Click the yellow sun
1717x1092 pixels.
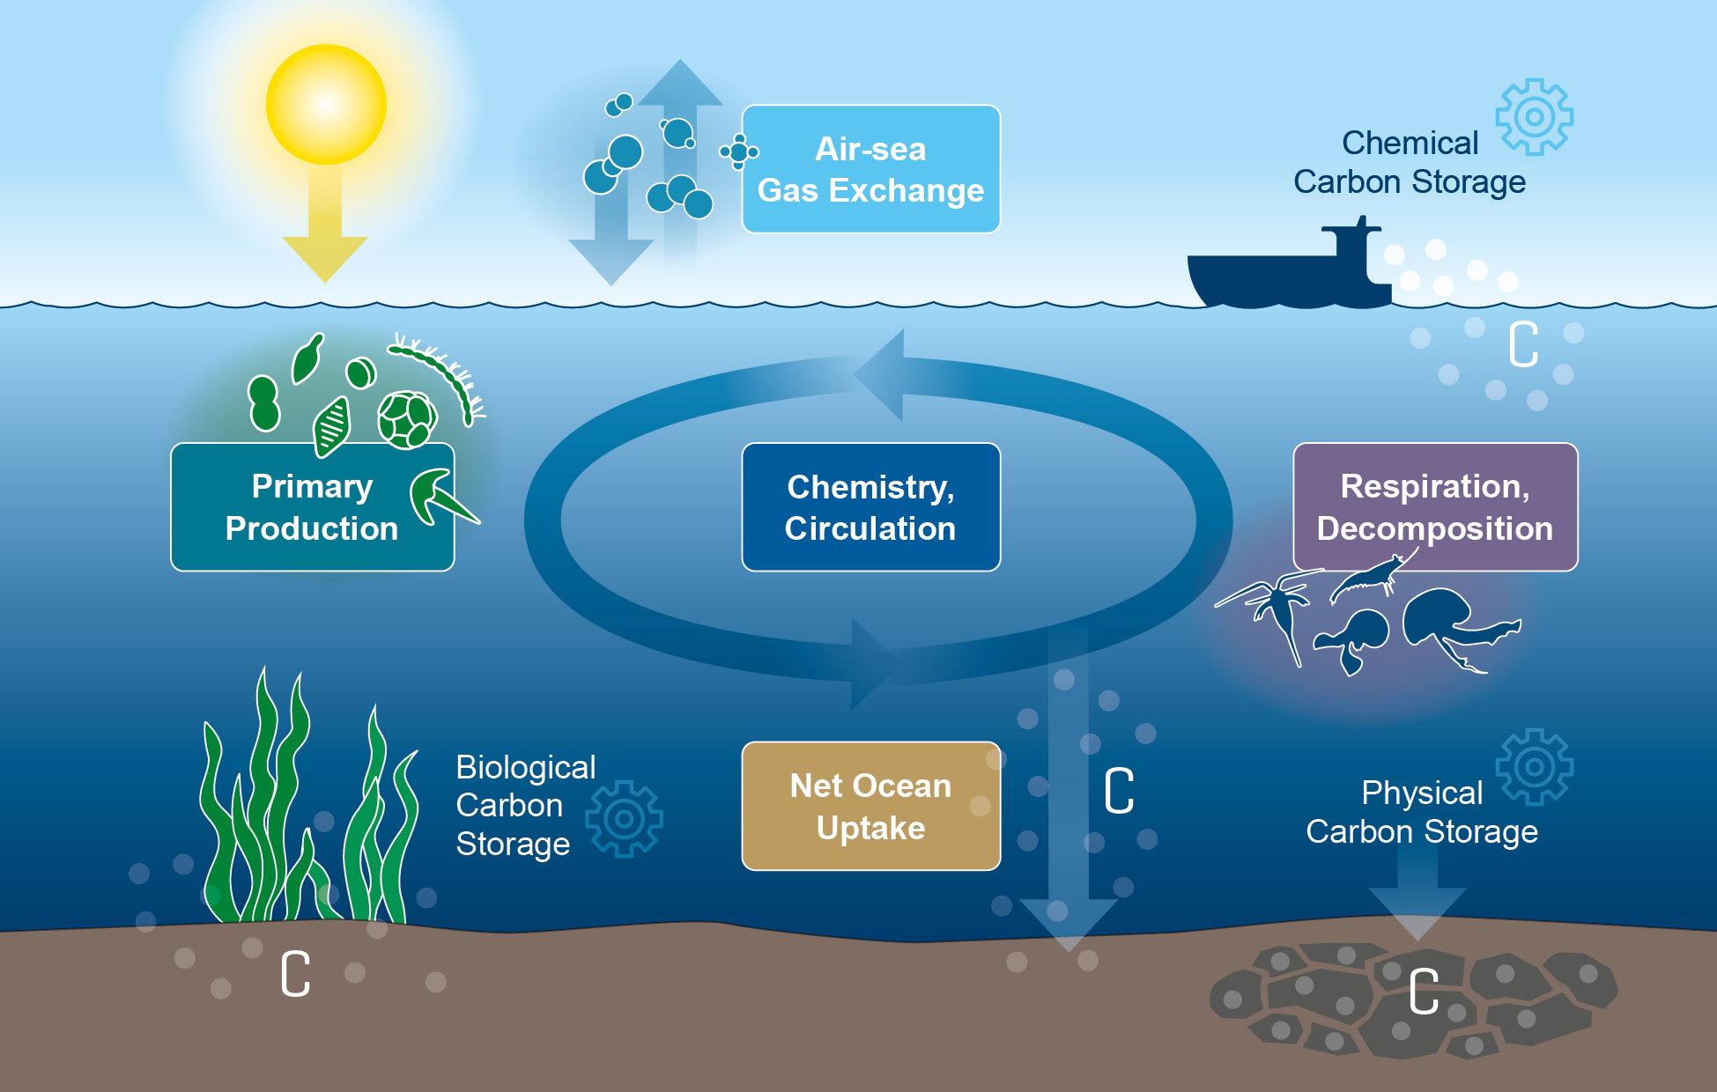326,105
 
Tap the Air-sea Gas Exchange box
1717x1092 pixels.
870,169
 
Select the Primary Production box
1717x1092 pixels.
312,507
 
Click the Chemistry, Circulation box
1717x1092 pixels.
870,507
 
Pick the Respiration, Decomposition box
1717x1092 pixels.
1434,507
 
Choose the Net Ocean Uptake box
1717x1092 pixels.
870,806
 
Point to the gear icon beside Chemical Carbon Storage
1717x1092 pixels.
1534,117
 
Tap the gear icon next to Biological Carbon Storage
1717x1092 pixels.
625,819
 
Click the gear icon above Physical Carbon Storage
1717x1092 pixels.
1534,767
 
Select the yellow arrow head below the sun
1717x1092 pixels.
325,257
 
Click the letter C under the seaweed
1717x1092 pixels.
295,973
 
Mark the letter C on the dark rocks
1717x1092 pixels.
1423,992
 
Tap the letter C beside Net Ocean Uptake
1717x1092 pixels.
1119,790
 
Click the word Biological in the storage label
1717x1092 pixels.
525,767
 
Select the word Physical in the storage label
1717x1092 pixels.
1421,793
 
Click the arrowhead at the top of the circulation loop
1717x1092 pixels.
881,374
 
